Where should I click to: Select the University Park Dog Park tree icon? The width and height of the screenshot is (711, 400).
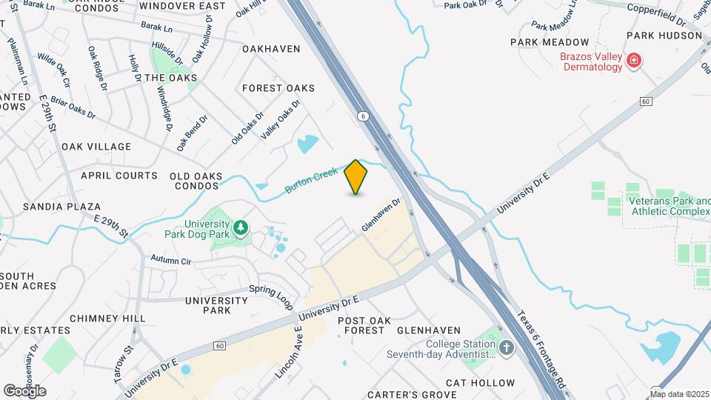(240, 228)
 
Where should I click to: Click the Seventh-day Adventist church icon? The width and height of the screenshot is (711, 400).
(507, 348)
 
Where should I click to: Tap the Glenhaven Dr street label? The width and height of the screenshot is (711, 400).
(381, 215)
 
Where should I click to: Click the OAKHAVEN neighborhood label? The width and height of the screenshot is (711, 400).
(271, 49)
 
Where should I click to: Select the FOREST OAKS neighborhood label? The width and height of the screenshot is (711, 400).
(279, 88)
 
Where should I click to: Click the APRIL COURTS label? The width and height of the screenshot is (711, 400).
(118, 176)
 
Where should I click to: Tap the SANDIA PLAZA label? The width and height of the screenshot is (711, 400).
(61, 207)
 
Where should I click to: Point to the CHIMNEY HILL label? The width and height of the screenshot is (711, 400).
(108, 319)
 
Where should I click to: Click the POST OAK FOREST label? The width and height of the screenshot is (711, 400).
(362, 325)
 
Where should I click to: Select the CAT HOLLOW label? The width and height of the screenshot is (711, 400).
(480, 383)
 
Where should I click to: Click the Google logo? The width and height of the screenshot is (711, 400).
(24, 391)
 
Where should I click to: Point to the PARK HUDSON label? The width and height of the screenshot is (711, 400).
(664, 35)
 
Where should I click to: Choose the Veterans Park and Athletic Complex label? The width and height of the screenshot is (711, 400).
(669, 206)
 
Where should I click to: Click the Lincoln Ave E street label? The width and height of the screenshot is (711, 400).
(288, 353)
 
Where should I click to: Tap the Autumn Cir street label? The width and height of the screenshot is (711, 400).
(171, 261)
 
